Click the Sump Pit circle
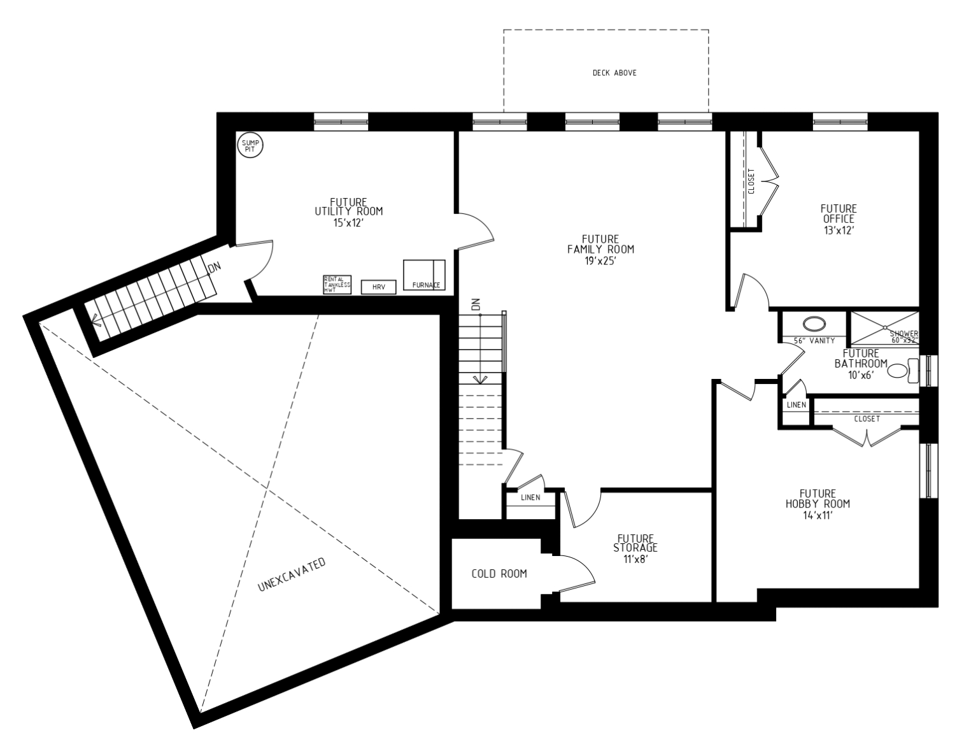point(250,146)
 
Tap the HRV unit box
point(379,287)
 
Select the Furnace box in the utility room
point(424,275)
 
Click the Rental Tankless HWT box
point(336,284)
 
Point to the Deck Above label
point(614,73)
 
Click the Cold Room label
point(499,574)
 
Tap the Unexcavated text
point(292,575)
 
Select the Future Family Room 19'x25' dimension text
point(600,260)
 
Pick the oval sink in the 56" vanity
point(812,323)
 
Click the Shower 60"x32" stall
point(885,327)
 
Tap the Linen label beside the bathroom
point(796,405)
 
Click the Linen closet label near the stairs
point(530,497)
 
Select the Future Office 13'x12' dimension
point(838,229)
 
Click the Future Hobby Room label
point(818,499)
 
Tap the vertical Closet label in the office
point(751,181)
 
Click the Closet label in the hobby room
point(867,419)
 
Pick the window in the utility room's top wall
point(341,121)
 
